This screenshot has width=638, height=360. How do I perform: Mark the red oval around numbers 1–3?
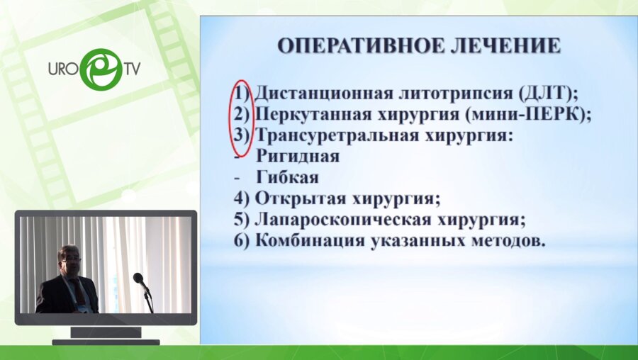[x=240, y=117]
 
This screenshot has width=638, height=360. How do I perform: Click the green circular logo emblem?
[x=101, y=69]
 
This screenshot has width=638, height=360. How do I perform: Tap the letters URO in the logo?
[x=62, y=70]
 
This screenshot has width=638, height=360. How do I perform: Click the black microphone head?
[x=138, y=278]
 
